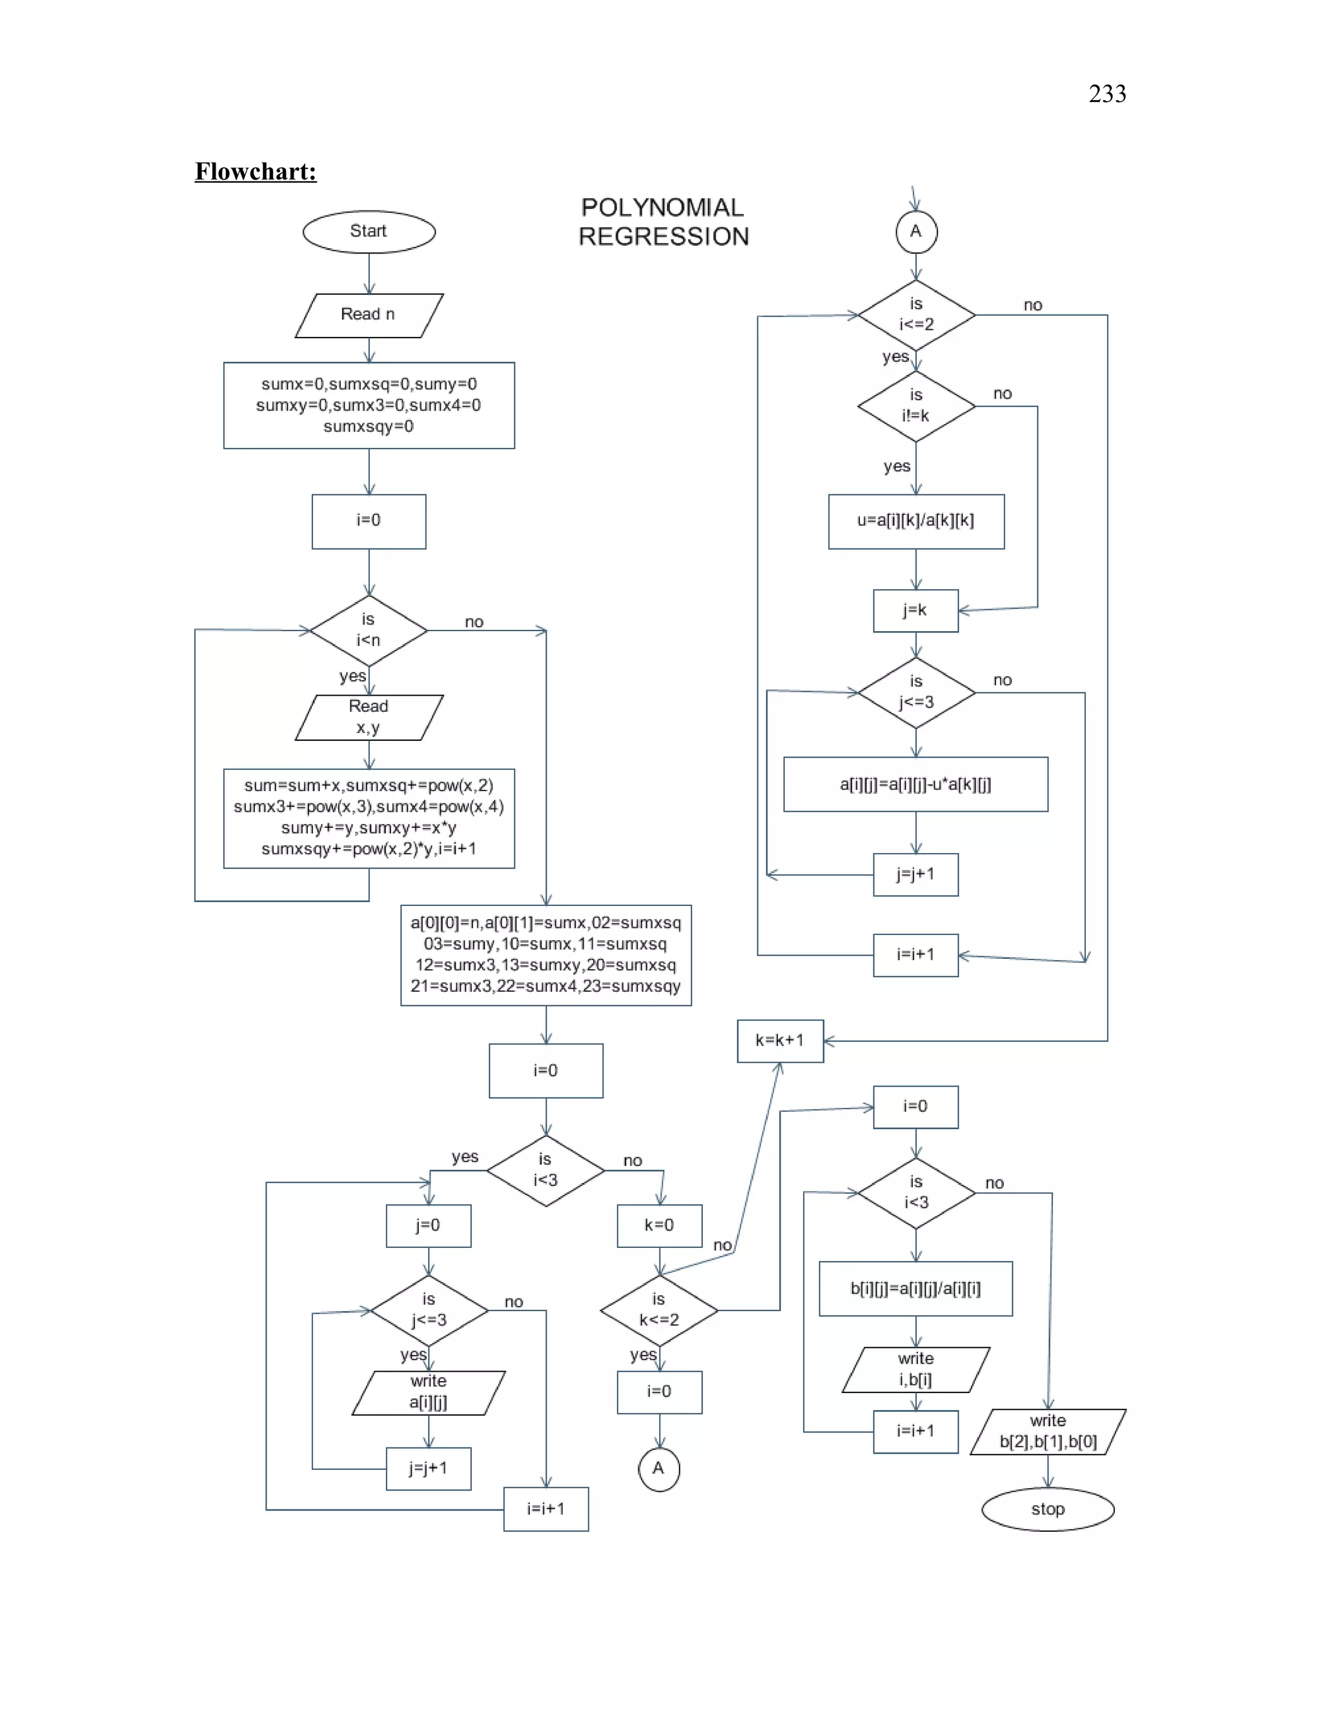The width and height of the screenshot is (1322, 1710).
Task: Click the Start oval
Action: (x=368, y=232)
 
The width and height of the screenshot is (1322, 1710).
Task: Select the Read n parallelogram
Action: (x=368, y=315)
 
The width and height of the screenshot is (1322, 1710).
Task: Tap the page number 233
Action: (x=1106, y=94)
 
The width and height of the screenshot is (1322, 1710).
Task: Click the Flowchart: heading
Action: (x=256, y=172)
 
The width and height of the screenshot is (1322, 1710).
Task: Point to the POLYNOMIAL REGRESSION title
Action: (x=664, y=223)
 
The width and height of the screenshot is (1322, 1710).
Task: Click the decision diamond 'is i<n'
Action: (x=368, y=630)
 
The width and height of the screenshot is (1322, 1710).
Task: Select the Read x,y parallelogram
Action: (x=368, y=717)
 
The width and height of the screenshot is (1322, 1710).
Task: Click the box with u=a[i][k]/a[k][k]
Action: (x=915, y=521)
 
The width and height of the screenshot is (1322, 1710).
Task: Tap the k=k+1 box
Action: (x=779, y=1041)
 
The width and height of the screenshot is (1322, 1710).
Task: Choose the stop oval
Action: (x=1047, y=1509)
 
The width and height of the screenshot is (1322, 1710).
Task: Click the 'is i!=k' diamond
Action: (x=915, y=406)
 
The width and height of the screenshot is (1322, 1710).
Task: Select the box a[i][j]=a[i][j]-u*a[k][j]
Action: (x=915, y=784)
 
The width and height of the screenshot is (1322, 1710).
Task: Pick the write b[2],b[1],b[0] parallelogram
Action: (x=1047, y=1431)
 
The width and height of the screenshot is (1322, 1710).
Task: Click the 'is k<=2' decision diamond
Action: (x=658, y=1310)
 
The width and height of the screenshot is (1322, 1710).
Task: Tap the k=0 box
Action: (x=658, y=1225)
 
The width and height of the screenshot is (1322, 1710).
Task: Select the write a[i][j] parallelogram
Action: (x=429, y=1392)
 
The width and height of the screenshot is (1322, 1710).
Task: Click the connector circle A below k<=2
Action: (x=658, y=1469)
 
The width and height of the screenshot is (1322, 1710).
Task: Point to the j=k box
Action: (x=915, y=610)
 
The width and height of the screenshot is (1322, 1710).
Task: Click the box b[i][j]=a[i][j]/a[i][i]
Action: (x=915, y=1288)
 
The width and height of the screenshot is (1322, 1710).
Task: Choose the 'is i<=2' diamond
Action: (x=915, y=315)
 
